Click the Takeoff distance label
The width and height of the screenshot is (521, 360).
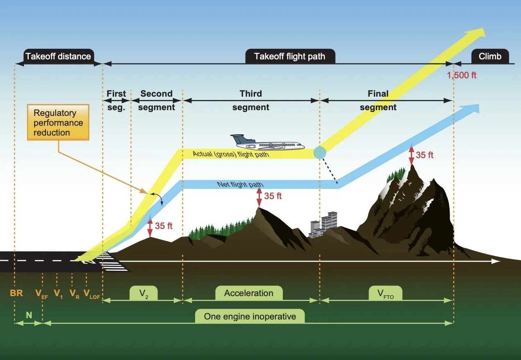point(58,56)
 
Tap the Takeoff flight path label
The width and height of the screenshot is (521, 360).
point(290,56)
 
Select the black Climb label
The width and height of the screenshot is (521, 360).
point(490,56)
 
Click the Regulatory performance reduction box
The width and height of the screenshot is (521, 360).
point(58,122)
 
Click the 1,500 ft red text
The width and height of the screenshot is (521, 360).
point(462,75)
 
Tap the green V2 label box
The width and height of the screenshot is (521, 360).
point(143,293)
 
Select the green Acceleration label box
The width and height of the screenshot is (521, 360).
point(249,293)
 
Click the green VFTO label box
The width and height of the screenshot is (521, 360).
point(385,294)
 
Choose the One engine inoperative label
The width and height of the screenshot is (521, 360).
point(250,317)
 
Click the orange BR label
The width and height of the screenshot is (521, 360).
point(16,293)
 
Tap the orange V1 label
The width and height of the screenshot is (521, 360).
point(58,294)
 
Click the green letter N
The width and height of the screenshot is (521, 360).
point(29,315)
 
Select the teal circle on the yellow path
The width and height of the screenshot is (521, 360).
point(320,152)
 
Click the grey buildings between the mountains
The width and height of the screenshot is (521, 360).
point(324,224)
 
